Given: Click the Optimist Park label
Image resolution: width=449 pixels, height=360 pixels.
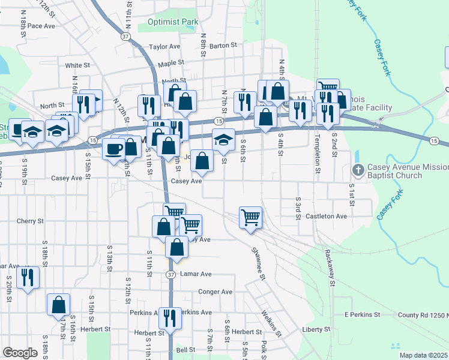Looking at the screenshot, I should [x=173, y=22].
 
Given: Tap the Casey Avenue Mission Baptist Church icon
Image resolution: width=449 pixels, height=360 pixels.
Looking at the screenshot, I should [x=359, y=170].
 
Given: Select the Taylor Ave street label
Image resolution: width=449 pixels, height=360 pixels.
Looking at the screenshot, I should [x=164, y=46].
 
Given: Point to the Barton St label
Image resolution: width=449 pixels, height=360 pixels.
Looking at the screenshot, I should [x=223, y=45].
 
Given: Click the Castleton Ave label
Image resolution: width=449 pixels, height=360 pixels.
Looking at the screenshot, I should [x=327, y=216].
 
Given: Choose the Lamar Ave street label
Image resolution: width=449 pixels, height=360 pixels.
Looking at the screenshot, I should [x=197, y=274].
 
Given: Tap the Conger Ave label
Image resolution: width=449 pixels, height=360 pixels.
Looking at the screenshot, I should [x=215, y=292].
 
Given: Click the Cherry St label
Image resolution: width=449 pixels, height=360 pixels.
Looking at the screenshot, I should [x=31, y=221].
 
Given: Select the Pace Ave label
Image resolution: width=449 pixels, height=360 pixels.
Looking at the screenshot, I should [x=41, y=26].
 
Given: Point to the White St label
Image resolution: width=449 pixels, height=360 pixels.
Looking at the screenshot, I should [x=77, y=65].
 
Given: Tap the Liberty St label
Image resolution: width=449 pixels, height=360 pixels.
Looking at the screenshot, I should [x=316, y=329].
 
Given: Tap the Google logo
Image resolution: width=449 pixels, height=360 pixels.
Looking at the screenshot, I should [x=20, y=353].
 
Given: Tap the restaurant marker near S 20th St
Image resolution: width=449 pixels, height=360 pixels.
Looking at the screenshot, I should [x=28, y=277].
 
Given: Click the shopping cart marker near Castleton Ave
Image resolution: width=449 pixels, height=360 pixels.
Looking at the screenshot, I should [x=250, y=217].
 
